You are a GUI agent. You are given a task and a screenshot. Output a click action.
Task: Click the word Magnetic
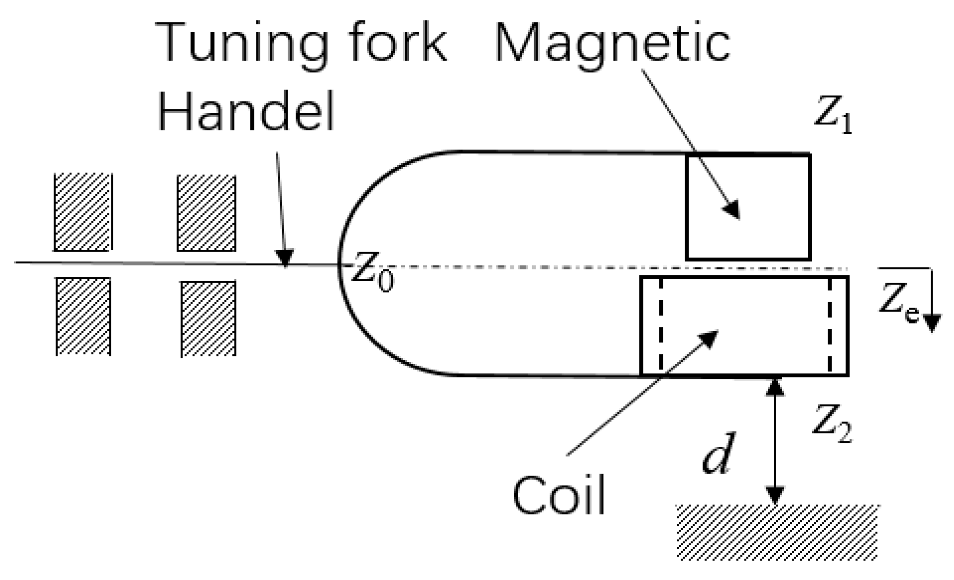pyautogui.click(x=612, y=45)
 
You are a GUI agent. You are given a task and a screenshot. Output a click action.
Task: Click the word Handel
pyautogui.click(x=246, y=113)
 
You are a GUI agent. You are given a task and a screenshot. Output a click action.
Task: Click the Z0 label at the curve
pyautogui.click(x=373, y=276)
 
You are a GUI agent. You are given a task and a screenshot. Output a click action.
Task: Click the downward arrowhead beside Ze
pyautogui.click(x=932, y=323)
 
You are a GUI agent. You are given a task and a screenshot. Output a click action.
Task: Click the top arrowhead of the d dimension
pyautogui.click(x=775, y=387)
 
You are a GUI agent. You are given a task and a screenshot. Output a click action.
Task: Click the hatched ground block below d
pyautogui.click(x=777, y=532)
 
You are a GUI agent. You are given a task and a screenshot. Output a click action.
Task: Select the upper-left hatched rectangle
pyautogui.click(x=82, y=212)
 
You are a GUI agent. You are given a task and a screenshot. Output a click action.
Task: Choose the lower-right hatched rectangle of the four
pyautogui.click(x=208, y=319)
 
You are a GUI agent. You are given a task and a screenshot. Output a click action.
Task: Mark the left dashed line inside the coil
pyautogui.click(x=660, y=326)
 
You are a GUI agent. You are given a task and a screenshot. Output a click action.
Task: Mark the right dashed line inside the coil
pyautogui.click(x=829, y=326)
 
